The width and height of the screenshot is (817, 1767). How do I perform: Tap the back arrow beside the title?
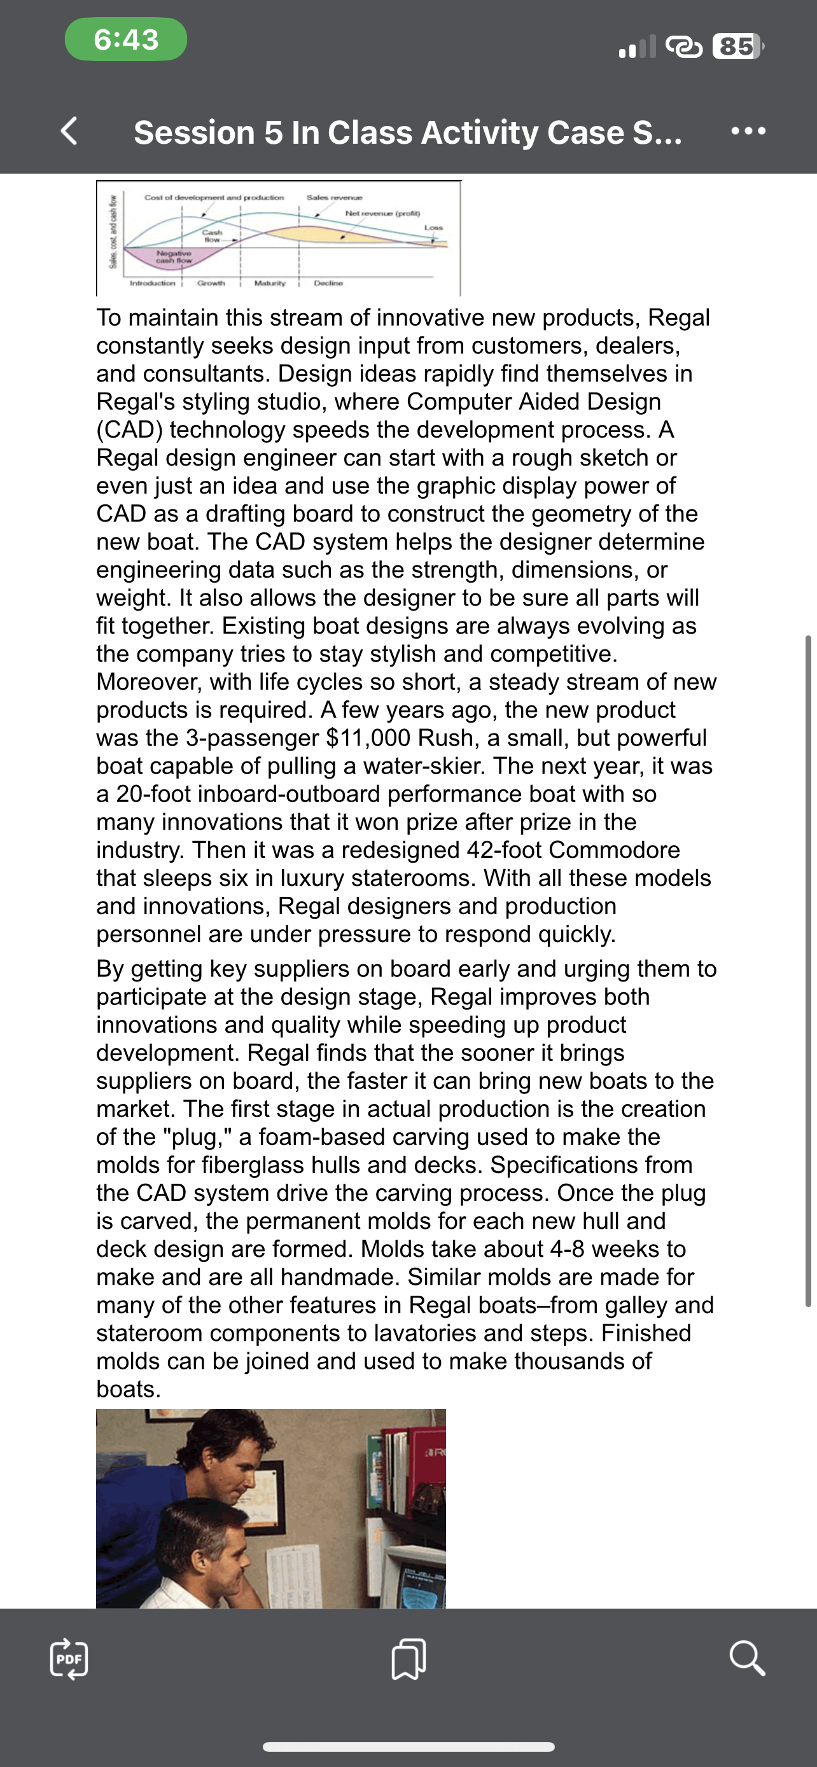pos(69,131)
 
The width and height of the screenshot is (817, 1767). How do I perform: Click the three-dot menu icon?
pos(748,131)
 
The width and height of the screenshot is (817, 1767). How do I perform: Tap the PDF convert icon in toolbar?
pos(69,1659)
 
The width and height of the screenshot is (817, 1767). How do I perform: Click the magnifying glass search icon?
pos(746,1659)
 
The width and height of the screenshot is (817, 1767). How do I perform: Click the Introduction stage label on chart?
pos(152,282)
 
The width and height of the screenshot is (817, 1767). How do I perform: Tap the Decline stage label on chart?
pos(328,282)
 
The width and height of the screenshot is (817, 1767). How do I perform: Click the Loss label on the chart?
pos(433,227)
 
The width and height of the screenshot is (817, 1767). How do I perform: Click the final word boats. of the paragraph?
pos(129,1389)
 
